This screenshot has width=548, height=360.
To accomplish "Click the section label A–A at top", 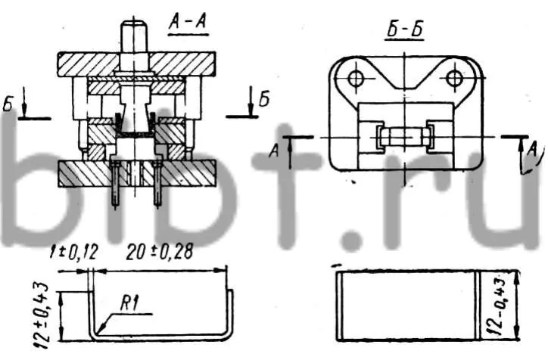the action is coord(188,23).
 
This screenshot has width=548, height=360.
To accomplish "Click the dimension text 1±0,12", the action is coord(73,252).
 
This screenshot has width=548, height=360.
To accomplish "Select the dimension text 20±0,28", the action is coord(160,252).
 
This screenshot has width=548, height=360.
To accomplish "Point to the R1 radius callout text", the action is coord(129,304).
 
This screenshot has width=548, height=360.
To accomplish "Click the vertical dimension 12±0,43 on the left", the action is coord(42,315).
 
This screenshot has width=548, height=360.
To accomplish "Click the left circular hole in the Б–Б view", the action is coord(356,79).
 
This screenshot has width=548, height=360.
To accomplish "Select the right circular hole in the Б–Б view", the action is coord(454,79).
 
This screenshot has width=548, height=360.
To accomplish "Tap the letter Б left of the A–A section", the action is coord(8,104).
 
